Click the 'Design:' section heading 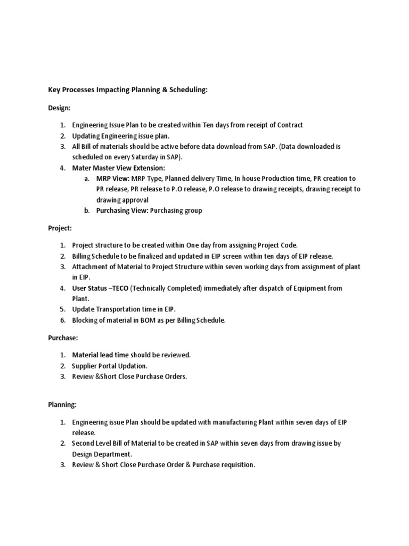[59, 108]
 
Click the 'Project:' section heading [60, 228]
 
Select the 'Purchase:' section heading [62, 338]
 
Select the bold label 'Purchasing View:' [122, 210]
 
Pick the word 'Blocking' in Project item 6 [85, 320]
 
